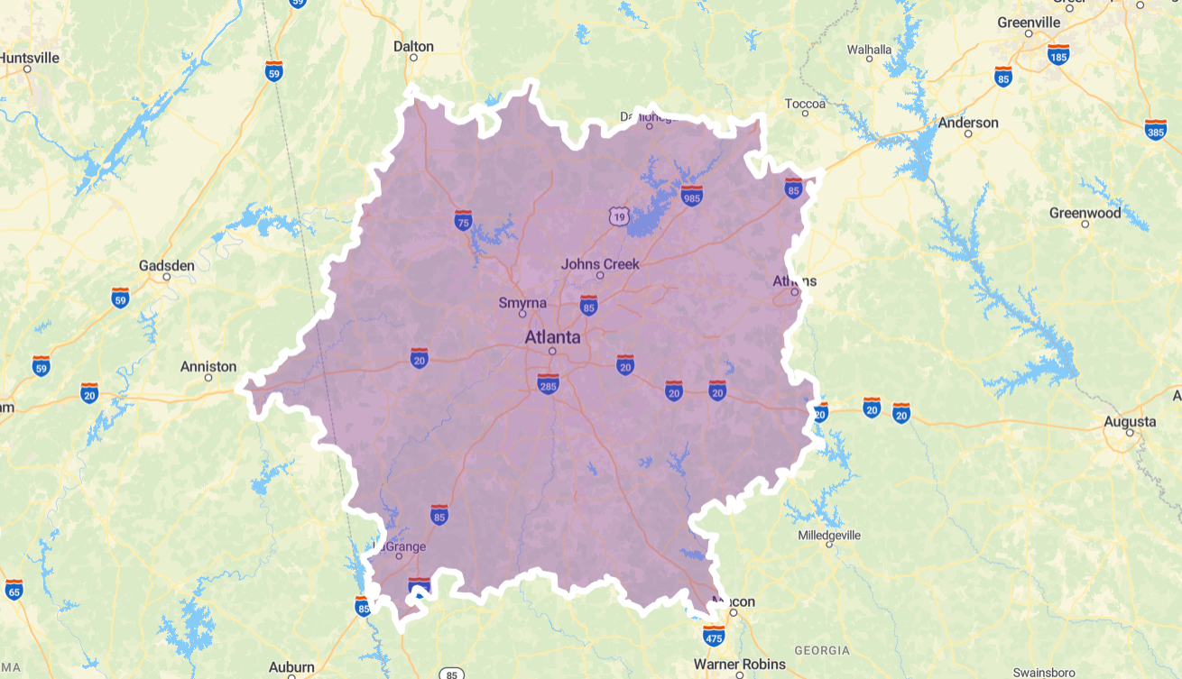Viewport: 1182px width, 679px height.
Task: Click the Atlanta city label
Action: (552, 337)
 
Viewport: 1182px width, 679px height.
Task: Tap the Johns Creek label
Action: (600, 264)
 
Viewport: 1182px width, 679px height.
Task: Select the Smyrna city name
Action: (522, 303)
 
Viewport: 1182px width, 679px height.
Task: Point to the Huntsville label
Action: (29, 58)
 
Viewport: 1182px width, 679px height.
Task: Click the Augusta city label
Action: (1130, 421)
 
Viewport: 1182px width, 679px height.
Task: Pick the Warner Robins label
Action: (739, 665)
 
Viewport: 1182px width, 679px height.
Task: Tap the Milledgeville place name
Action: (829, 535)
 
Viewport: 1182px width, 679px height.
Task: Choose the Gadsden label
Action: (166, 266)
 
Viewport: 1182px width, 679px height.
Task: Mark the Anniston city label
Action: (208, 367)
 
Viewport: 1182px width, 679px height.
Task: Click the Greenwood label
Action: (1085, 213)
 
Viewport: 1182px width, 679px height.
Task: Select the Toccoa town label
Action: (805, 104)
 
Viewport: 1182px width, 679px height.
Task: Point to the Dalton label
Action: (413, 46)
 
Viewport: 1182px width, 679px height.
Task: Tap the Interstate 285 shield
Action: (548, 383)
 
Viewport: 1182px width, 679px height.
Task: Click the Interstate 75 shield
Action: (463, 219)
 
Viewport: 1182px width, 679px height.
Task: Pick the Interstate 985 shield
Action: (692, 195)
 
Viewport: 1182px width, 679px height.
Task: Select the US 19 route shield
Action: (618, 216)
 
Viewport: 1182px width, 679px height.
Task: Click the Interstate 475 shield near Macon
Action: (714, 635)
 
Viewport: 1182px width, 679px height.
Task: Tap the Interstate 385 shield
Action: (1155, 130)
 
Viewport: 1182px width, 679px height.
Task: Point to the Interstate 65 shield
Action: (14, 590)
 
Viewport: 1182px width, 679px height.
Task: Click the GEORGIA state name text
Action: (821, 650)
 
